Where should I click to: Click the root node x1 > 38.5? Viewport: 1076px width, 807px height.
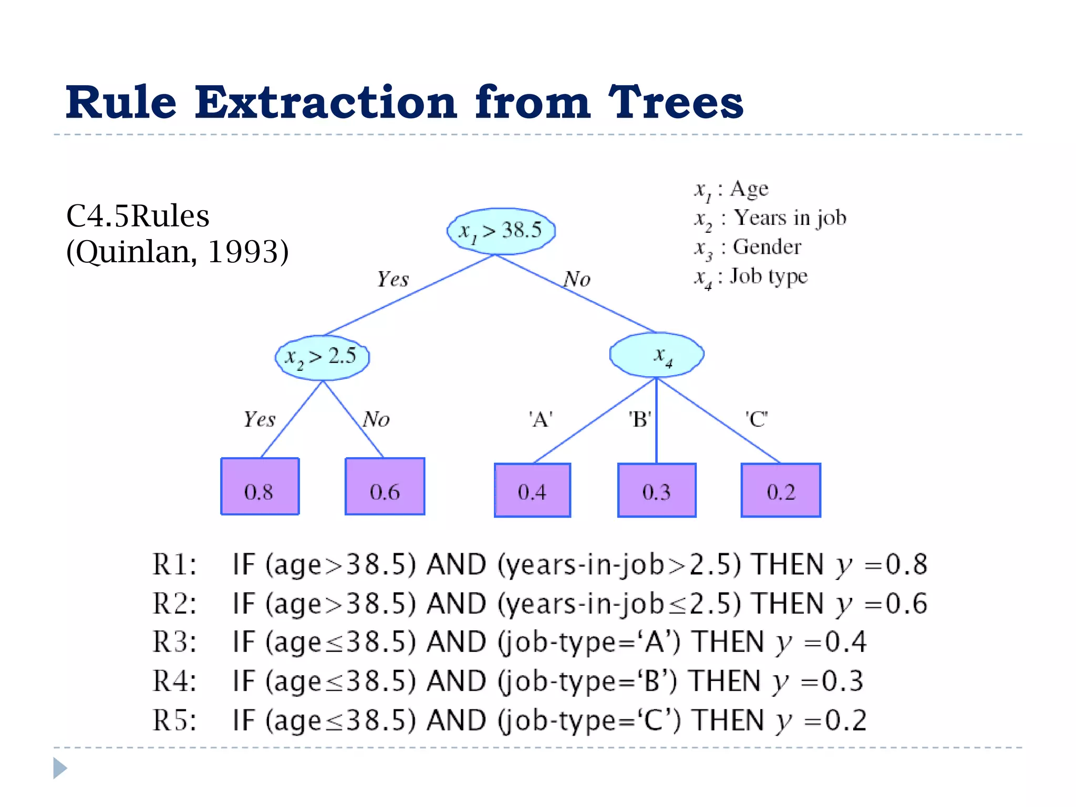click(x=501, y=231)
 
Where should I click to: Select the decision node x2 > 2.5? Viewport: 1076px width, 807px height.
click(x=322, y=357)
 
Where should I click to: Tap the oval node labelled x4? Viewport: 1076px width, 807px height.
click(x=657, y=355)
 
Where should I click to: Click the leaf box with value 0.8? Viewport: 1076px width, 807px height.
click(x=260, y=487)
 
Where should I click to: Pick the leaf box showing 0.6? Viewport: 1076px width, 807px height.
click(x=385, y=487)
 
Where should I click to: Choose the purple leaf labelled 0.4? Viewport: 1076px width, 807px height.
click(x=532, y=490)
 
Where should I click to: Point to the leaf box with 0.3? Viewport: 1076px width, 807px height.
click(x=657, y=490)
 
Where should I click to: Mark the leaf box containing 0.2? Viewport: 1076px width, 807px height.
click(x=781, y=490)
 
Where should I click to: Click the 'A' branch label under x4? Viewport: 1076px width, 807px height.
click(x=541, y=420)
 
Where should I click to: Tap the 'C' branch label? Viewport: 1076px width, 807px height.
click(x=757, y=419)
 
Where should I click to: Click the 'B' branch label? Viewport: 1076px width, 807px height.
click(x=640, y=420)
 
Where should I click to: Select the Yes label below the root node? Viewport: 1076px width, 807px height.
click(x=392, y=279)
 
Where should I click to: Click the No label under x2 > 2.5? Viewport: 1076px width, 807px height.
click(x=376, y=419)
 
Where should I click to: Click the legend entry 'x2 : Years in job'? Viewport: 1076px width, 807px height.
click(x=770, y=219)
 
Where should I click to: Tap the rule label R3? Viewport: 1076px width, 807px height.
click(x=174, y=642)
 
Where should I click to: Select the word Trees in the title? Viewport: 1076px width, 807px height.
click(x=676, y=102)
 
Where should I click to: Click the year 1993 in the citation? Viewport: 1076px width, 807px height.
click(x=243, y=252)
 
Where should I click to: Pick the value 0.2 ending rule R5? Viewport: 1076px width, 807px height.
click(x=846, y=720)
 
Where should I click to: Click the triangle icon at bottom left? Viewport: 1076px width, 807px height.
click(x=60, y=768)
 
